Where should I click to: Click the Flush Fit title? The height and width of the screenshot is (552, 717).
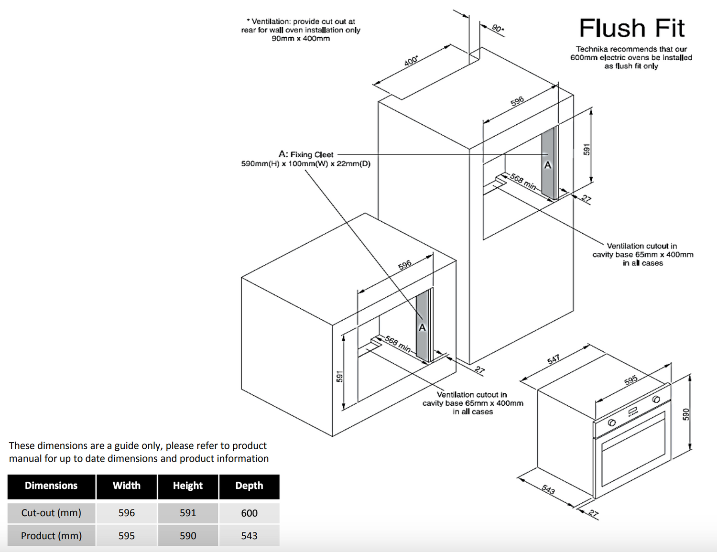631,28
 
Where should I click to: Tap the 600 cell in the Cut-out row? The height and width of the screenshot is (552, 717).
249,513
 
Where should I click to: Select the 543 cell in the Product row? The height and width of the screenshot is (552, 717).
249,536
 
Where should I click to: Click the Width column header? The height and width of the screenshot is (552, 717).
127,486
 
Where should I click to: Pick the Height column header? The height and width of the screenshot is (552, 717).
188,486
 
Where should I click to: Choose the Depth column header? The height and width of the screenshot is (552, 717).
249,486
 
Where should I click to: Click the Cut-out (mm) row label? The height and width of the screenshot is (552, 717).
51,513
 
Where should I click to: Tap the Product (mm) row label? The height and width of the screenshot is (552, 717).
51,536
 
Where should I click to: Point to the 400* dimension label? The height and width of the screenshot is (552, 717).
411,61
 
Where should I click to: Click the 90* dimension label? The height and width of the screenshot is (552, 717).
498,28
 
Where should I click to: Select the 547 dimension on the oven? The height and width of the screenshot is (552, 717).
554,359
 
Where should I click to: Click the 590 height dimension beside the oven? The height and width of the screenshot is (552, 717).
686,414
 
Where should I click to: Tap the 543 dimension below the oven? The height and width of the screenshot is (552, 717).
548,490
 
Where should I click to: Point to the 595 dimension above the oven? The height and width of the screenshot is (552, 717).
630,380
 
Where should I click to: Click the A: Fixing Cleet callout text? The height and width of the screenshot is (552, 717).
306,154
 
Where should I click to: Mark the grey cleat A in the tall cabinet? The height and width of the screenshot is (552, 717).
548,162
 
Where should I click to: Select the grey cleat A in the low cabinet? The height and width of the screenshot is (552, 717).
423,326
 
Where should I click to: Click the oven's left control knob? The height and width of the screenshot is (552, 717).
611,423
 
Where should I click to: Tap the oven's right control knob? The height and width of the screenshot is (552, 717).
656,400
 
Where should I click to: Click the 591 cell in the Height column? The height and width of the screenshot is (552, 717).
188,513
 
